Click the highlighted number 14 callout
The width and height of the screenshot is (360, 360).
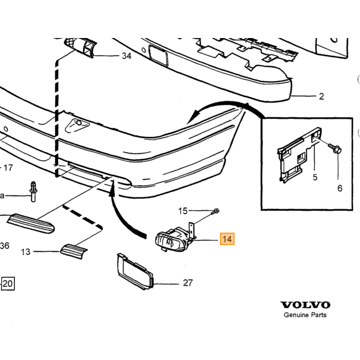(227, 239)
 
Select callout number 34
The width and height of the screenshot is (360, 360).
(127, 56)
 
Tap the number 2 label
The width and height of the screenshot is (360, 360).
(321, 96)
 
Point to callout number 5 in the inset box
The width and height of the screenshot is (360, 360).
(315, 177)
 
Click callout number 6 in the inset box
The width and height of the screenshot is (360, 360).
(340, 188)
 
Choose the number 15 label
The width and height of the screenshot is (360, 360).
(183, 211)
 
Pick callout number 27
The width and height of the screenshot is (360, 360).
(188, 283)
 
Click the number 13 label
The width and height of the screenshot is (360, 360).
(26, 252)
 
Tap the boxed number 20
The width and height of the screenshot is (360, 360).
(8, 283)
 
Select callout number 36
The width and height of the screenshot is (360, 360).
(5, 246)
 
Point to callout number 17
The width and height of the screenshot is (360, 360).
(8, 168)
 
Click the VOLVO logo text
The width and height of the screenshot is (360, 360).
(305, 305)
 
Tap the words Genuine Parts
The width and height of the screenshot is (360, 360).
(305, 315)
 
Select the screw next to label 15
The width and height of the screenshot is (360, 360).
(215, 211)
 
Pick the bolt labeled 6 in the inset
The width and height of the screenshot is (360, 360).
(335, 149)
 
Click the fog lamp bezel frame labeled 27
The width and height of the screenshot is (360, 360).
(135, 271)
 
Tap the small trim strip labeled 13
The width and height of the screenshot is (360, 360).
(74, 251)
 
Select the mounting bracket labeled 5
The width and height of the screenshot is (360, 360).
(298, 154)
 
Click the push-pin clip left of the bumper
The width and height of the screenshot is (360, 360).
(33, 192)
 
